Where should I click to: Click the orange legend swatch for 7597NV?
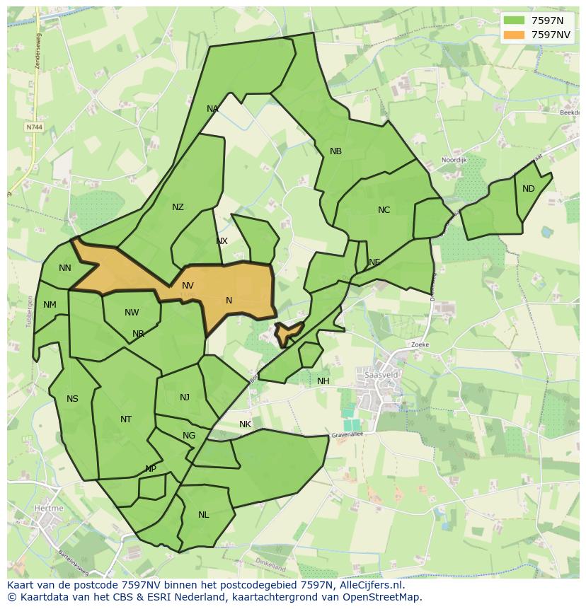[515, 35]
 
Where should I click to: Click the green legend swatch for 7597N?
[515, 21]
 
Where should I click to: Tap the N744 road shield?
[33, 127]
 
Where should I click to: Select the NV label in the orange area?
[188, 286]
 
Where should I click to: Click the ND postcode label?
[529, 189]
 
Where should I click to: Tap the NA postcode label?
[212, 109]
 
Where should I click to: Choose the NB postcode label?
[335, 151]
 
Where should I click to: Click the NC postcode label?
[384, 210]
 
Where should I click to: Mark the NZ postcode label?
[178, 207]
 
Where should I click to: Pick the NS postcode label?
[72, 399]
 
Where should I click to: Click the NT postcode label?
[126, 419]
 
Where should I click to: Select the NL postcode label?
[204, 515]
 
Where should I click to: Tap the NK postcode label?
[245, 424]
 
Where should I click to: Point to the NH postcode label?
[323, 381]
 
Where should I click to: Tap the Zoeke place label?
[420, 344]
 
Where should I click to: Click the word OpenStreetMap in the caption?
[385, 597]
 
